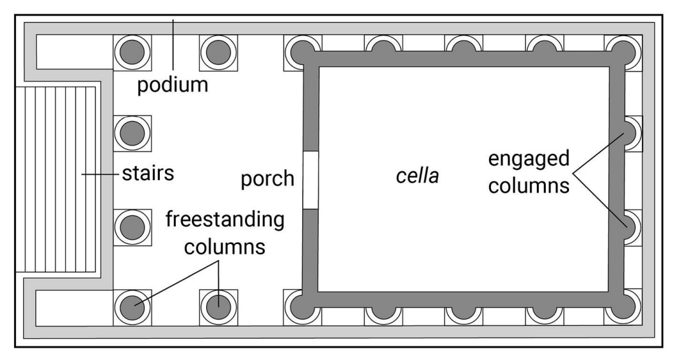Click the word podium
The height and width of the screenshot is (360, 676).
coord(173,84)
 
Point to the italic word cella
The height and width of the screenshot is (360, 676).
coord(417,175)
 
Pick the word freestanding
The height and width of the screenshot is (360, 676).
coord(226,219)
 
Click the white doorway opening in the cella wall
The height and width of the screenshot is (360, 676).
coord(311,180)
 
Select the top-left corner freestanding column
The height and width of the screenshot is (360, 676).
coord(132,52)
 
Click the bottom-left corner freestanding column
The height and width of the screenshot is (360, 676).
coord(132,306)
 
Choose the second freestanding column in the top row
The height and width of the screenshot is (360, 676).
coord(219,52)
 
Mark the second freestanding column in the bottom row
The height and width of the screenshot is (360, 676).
coord(219,306)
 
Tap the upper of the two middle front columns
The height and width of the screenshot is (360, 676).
coord(132,133)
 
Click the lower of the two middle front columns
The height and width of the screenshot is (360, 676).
coord(132,227)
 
